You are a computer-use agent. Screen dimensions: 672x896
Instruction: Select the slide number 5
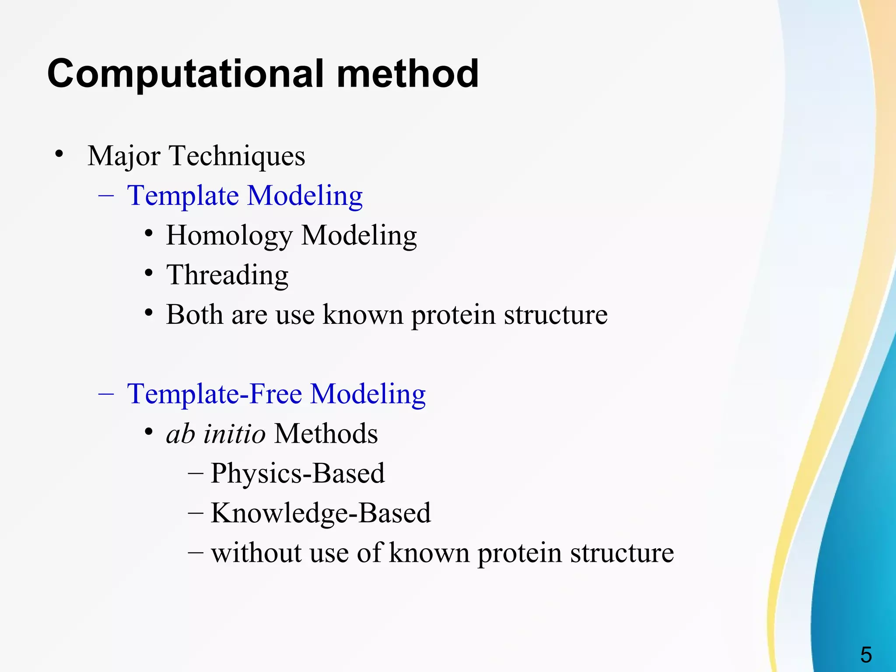[x=866, y=655]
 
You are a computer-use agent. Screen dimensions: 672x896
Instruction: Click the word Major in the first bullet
[x=124, y=156]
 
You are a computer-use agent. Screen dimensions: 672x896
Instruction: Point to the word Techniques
[x=237, y=156]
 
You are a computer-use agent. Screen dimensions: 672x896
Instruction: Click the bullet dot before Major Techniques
[x=59, y=154]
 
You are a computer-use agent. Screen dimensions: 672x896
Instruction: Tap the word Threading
[x=227, y=275]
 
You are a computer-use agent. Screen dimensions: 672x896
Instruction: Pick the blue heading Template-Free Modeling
[x=276, y=394]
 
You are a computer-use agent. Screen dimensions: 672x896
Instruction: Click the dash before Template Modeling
[x=106, y=195]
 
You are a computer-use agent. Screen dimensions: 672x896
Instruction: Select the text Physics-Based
[x=297, y=473]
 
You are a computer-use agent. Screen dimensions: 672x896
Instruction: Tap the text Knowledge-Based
[x=321, y=513]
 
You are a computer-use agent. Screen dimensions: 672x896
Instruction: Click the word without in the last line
[x=256, y=553]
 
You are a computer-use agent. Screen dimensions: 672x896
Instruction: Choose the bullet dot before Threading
[x=149, y=273]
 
